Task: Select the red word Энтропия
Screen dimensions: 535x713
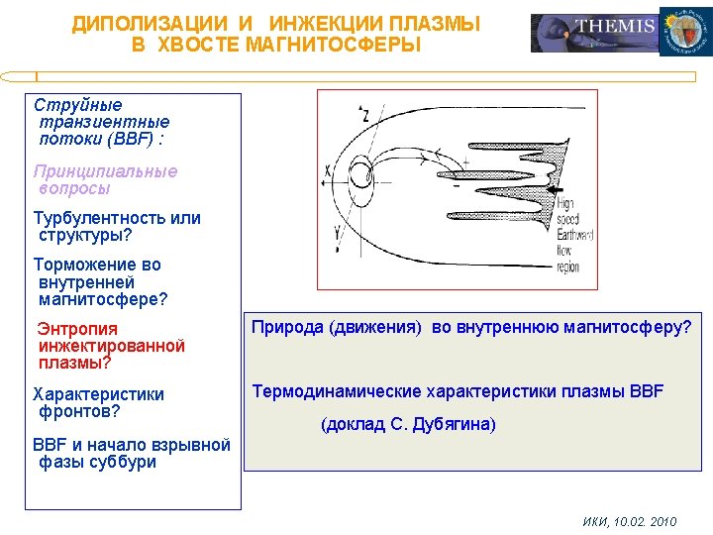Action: click(x=77, y=329)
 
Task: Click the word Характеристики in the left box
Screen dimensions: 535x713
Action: click(x=99, y=394)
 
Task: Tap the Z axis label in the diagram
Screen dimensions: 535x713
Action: click(x=365, y=115)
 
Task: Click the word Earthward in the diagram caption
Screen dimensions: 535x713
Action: click(x=574, y=235)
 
